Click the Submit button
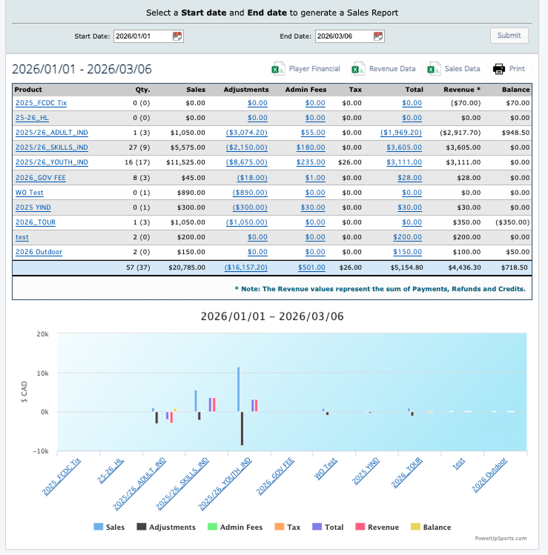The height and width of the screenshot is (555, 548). click(509, 36)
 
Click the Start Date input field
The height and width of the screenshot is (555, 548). click(141, 36)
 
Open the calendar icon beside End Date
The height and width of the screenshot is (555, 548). click(379, 36)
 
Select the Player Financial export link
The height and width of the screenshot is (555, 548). click(314, 69)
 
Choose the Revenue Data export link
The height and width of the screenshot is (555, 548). click(392, 69)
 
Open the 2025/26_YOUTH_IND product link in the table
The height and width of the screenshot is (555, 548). click(52, 162)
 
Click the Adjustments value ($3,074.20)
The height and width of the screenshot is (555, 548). click(247, 133)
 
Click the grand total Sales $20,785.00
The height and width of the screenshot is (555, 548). click(188, 267)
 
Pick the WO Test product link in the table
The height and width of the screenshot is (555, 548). click(30, 193)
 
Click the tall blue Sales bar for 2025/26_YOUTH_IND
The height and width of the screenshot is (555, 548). click(238, 389)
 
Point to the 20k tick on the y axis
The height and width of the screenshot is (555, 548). click(43, 335)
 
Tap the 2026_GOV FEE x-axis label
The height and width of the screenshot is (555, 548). click(276, 476)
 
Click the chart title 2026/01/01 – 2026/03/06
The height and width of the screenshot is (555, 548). click(272, 316)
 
